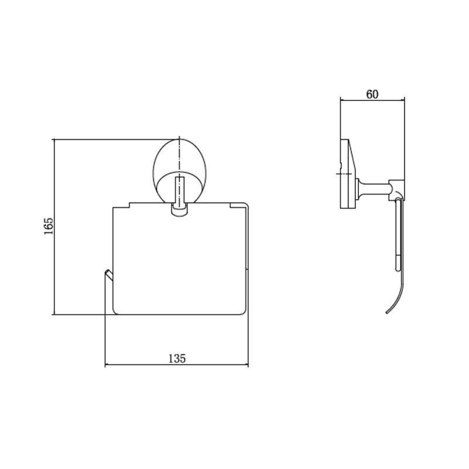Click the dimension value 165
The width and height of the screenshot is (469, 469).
tap(49, 225)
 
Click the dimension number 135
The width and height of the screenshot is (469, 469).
tap(177, 358)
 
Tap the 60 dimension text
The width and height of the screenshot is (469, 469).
tap(372, 94)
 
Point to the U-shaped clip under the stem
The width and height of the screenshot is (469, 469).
tap(179, 213)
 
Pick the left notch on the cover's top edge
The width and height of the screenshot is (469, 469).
tap(130, 205)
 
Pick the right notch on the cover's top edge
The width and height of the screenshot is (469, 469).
tap(230, 205)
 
